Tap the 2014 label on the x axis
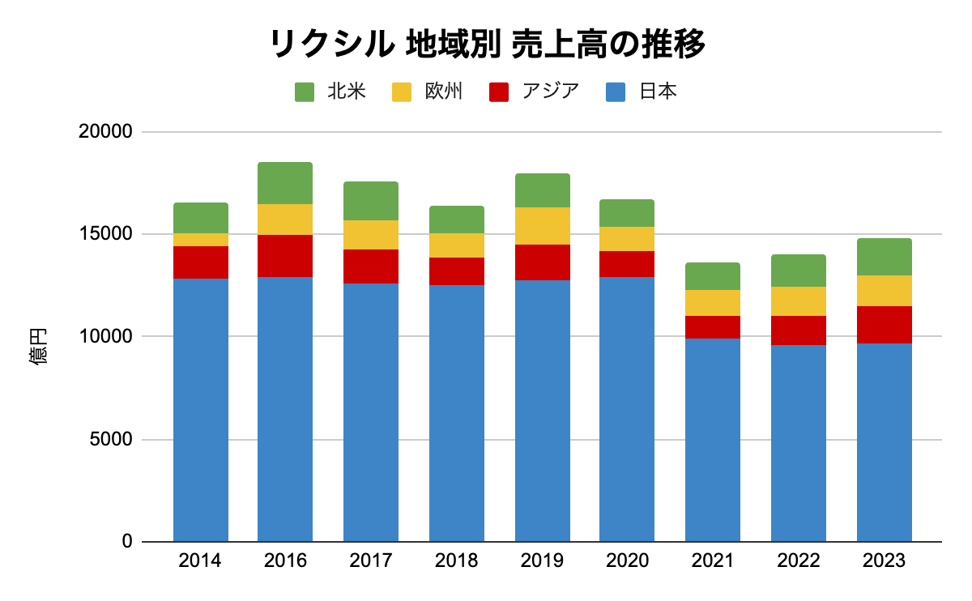(x=200, y=561)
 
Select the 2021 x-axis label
(x=712, y=561)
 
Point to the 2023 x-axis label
(x=884, y=561)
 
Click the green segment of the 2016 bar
(x=285, y=183)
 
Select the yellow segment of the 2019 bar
(x=543, y=226)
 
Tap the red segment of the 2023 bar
(x=885, y=325)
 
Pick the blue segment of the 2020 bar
(x=627, y=409)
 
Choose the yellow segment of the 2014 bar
(x=201, y=240)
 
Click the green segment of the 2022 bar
(x=799, y=271)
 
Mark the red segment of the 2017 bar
(x=371, y=266)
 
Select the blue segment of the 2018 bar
(x=457, y=413)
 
